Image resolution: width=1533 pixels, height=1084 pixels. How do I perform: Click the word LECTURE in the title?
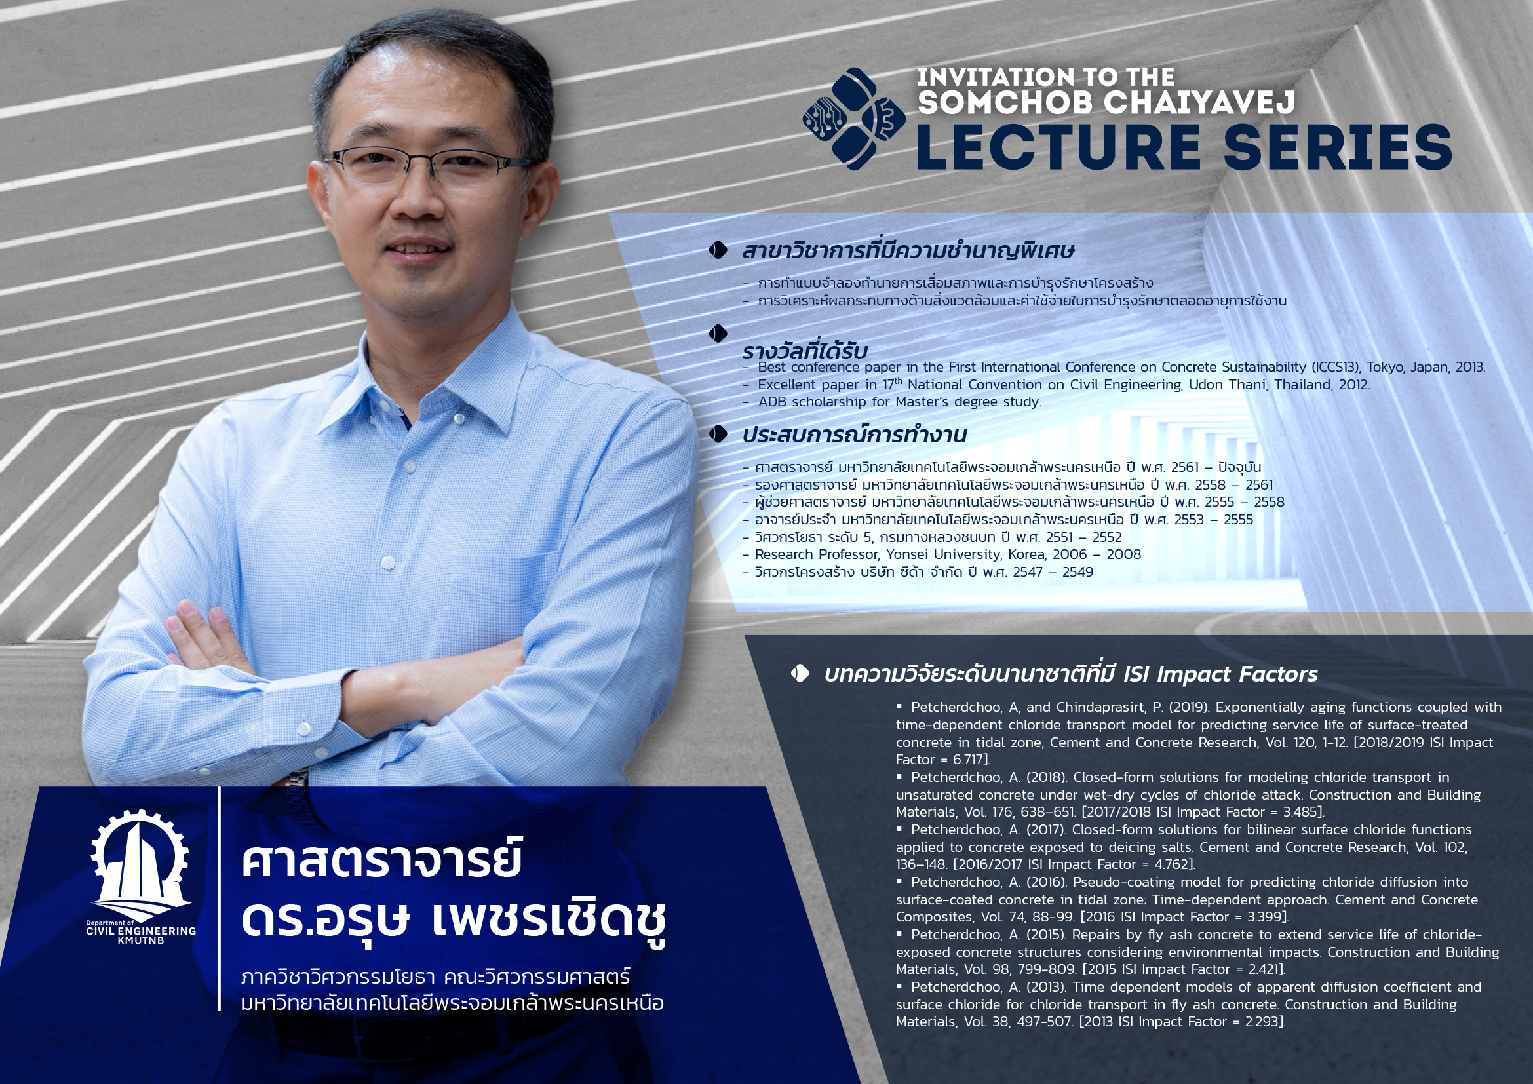tap(1058, 147)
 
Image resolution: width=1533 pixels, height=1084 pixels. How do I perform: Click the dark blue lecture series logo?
tap(854, 119)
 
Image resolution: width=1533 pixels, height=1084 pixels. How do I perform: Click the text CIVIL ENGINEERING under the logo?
tap(141, 931)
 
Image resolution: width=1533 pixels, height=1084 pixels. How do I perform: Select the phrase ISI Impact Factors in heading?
tap(1220, 675)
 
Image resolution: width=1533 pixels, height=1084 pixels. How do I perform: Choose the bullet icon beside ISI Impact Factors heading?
tap(800, 674)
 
